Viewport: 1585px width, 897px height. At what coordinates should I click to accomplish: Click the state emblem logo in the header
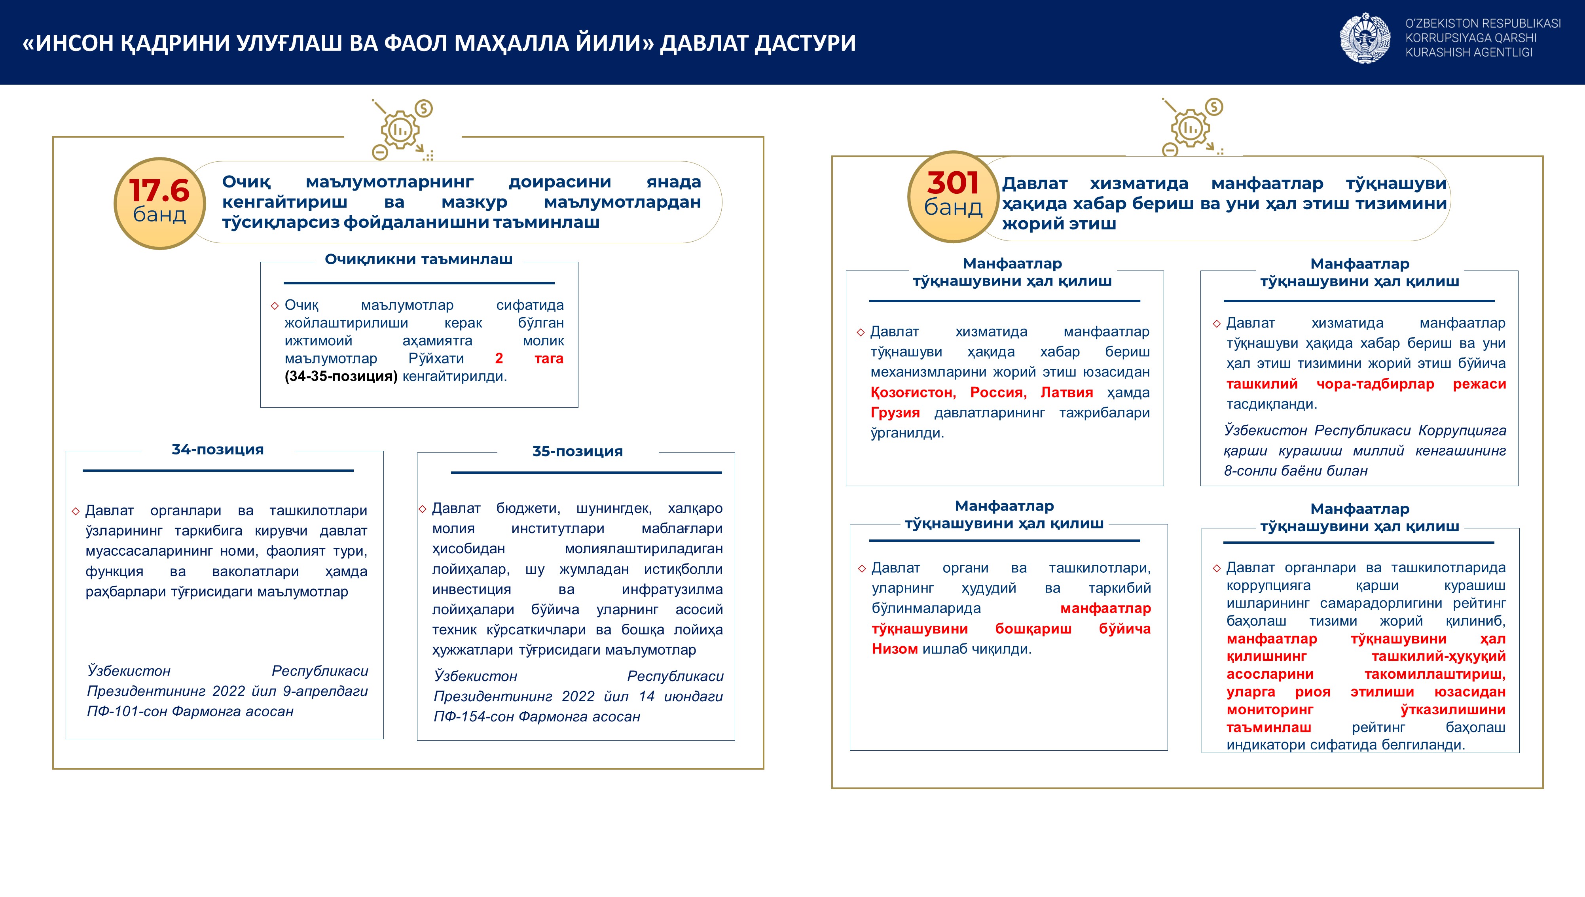(x=1365, y=38)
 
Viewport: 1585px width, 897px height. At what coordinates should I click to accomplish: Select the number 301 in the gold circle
(x=953, y=183)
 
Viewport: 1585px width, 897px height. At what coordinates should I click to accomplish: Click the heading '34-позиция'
(x=218, y=450)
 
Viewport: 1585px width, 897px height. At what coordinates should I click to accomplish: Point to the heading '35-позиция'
(x=577, y=452)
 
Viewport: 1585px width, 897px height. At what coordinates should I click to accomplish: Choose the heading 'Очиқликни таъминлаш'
(x=419, y=259)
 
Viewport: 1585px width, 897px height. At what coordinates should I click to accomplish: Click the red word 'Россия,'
(x=998, y=392)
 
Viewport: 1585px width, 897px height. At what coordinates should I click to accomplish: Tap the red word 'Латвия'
(x=1067, y=392)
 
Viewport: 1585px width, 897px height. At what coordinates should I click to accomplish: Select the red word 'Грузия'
(x=895, y=413)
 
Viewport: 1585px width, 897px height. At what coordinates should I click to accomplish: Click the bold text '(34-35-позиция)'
(x=341, y=377)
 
